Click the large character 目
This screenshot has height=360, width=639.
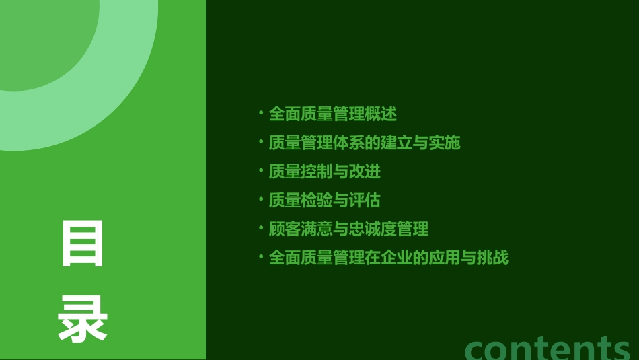83,244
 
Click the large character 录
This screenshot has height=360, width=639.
83,320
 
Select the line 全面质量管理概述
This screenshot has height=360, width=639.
332,114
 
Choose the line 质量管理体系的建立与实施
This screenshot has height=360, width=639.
364,143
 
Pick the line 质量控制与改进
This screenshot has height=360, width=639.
324,172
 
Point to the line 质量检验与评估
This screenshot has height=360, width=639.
324,201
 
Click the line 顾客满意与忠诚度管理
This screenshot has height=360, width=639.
348,229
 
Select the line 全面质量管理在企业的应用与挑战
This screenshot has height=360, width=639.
388,258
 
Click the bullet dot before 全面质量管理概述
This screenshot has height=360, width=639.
261,112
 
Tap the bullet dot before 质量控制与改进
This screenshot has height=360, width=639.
261,170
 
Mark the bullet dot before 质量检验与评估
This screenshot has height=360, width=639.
261,199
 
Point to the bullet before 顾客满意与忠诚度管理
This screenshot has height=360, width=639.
261,227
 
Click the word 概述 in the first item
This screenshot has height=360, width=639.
381,114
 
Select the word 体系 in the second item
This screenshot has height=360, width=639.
348,143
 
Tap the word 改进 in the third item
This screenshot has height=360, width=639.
365,172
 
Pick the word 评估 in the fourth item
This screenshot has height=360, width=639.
365,201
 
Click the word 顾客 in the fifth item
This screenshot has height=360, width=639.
285,229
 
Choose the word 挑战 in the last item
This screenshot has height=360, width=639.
492,258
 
